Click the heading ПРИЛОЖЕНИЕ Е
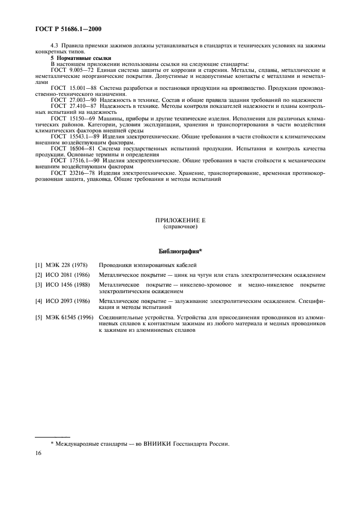pyautogui.click(x=180, y=220)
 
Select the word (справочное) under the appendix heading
pyautogui.click(x=180, y=226)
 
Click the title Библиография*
pyautogui.click(x=180, y=251)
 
